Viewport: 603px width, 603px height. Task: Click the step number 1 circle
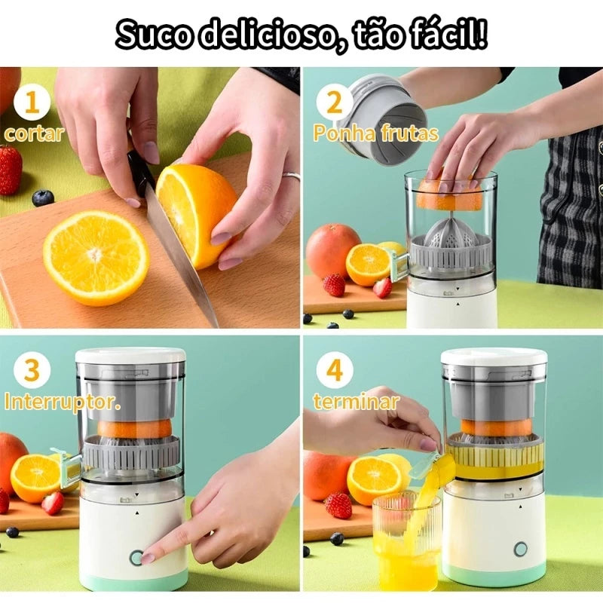tap(31, 103)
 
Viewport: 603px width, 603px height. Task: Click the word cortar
tap(33, 134)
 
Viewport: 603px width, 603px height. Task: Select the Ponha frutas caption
tap(375, 134)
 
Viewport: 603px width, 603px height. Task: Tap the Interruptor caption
tap(63, 401)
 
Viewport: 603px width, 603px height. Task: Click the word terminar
tap(356, 402)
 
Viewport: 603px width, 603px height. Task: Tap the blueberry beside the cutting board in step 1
tap(43, 197)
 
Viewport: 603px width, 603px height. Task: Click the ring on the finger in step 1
tap(291, 176)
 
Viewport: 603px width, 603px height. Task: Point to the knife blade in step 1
tap(181, 256)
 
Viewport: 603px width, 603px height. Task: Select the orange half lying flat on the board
tap(96, 257)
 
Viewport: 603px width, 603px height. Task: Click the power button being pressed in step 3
tap(136, 557)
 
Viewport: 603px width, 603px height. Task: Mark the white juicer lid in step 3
tap(130, 355)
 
